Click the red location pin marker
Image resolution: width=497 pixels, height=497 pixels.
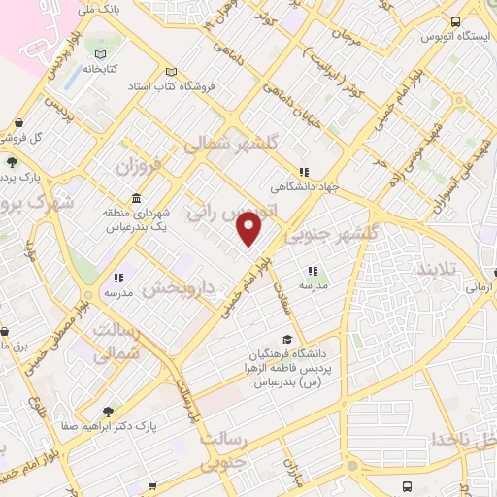click(x=249, y=228)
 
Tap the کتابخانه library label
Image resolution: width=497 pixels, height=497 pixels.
click(x=102, y=70)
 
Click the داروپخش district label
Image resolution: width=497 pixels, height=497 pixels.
click(x=176, y=288)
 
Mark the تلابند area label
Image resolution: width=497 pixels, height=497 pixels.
click(x=443, y=266)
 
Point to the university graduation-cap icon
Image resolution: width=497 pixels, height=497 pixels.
click(x=286, y=339)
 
